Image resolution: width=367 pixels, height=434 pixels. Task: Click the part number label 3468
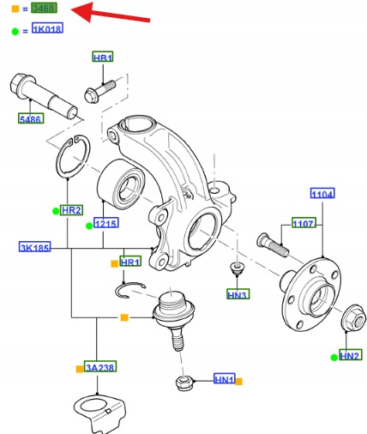(45, 8)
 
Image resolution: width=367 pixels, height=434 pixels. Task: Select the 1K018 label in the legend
(47, 28)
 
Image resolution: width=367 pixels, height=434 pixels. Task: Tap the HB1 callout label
(103, 57)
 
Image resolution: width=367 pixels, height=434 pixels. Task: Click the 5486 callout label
(31, 118)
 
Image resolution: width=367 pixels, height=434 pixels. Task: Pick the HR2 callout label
(71, 210)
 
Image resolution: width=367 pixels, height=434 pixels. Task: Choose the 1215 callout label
(106, 223)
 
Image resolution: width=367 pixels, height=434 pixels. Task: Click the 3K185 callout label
(35, 246)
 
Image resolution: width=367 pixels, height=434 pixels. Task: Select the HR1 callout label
(130, 262)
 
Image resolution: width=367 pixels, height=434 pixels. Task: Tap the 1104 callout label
(322, 194)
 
